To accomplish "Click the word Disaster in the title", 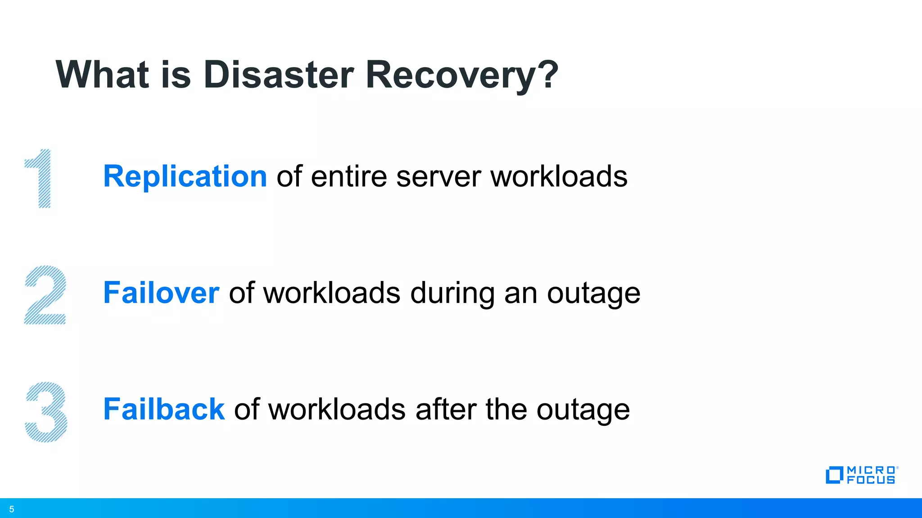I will (278, 75).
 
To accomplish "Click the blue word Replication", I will (185, 176).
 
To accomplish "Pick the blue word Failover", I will (161, 293).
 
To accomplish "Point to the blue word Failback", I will (164, 409).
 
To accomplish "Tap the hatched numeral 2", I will (45, 295).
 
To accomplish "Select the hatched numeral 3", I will (46, 412).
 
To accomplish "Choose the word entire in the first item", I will (348, 176).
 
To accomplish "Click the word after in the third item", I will (445, 409).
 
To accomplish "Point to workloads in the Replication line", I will (559, 176).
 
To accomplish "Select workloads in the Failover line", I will (331, 293).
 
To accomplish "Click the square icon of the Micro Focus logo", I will (834, 475).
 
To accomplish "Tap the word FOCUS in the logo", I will (871, 480).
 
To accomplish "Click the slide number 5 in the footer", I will (12, 509).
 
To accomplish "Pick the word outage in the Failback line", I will (583, 410).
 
